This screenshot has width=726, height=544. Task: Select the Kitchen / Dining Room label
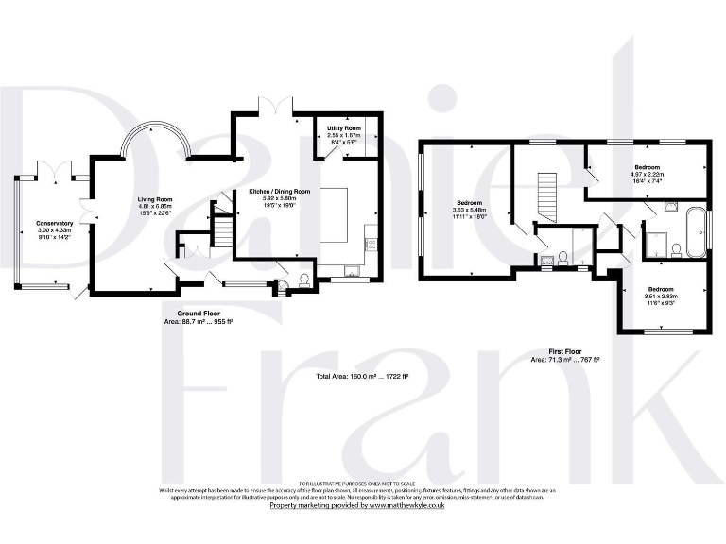point(280,192)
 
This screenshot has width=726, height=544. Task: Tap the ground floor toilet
point(303,279)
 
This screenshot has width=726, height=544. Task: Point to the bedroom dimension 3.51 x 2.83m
point(660,296)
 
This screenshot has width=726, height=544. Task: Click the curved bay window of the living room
point(155,137)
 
